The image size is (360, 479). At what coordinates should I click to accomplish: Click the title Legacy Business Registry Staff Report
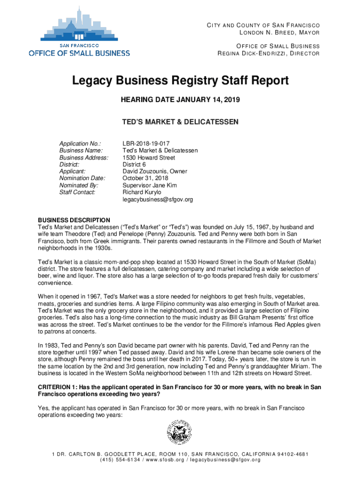click(x=180, y=81)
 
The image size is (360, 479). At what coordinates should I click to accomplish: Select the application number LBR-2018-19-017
click(x=146, y=144)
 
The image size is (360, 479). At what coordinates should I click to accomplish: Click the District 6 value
click(x=135, y=165)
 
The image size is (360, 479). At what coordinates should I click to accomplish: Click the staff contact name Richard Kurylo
click(x=142, y=192)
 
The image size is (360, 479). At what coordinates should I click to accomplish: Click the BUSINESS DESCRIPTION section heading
click(x=74, y=220)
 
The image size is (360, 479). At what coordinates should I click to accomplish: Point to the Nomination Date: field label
click(x=82, y=178)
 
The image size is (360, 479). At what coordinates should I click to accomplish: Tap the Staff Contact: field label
click(x=77, y=192)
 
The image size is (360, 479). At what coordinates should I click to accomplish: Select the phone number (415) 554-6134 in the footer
click(x=120, y=460)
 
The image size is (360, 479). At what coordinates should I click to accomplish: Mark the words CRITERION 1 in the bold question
click(x=57, y=387)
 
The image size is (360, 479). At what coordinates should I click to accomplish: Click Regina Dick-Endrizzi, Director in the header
click(x=268, y=53)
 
